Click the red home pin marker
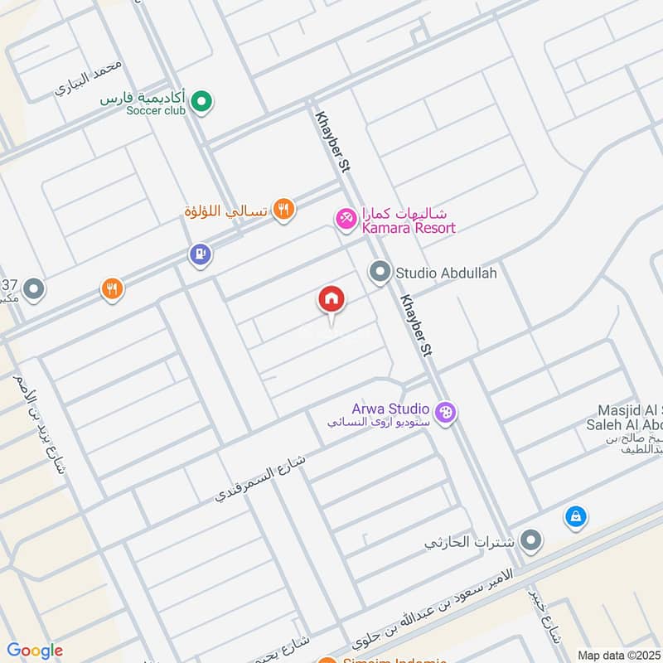331,300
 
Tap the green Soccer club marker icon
201,103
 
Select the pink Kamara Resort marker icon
345,218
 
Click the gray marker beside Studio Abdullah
380,272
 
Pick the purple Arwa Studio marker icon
446,411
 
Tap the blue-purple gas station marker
200,254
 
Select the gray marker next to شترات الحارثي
531,542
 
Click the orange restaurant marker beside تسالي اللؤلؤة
283,211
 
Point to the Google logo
35,651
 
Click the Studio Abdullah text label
446,272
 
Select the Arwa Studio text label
390,409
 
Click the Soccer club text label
157,111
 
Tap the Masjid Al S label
630,411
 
